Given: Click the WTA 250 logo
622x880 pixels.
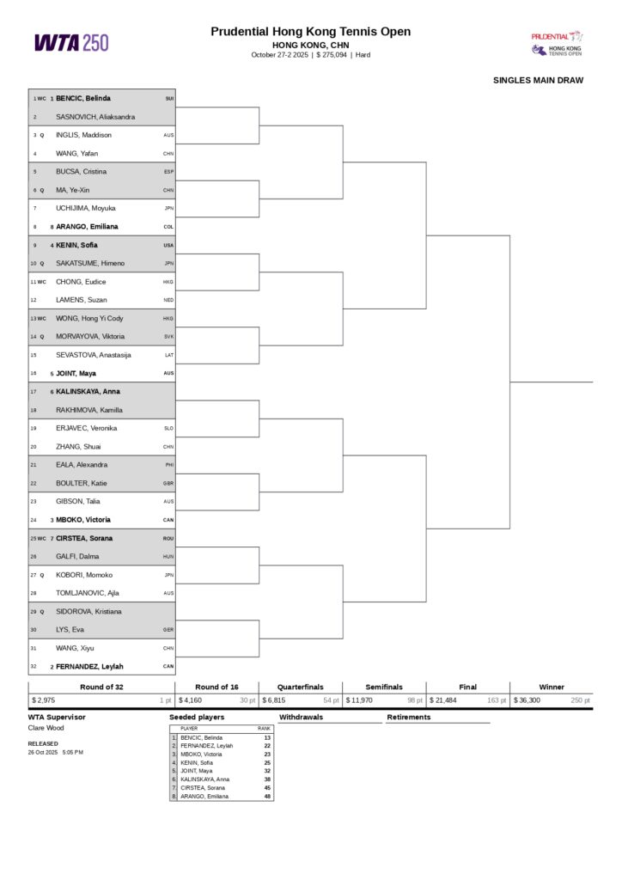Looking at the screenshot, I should pos(71,42).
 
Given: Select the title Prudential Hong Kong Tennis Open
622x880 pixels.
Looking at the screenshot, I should pos(310,32).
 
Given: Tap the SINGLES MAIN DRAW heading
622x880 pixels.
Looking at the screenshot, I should pos(538,81).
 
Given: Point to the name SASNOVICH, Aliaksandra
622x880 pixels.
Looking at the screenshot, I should pos(95,117).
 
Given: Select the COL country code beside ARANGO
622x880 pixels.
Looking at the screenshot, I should pos(168,227).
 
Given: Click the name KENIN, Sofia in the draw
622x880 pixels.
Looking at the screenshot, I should pos(76,245).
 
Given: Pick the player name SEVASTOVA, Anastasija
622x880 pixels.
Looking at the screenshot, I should pos(94,355).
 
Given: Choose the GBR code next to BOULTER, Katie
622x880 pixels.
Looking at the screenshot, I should pos(168,483).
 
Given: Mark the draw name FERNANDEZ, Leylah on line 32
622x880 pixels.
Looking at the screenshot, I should pos(89,667).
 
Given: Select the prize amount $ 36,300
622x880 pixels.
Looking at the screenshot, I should pos(527,700).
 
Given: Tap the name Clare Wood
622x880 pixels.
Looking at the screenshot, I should pos(45,728).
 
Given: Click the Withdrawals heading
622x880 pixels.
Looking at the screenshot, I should pos(301,717).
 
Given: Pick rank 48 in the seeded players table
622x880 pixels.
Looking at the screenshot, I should pos(267,797).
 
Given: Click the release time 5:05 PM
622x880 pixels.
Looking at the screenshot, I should pos(73,752).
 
